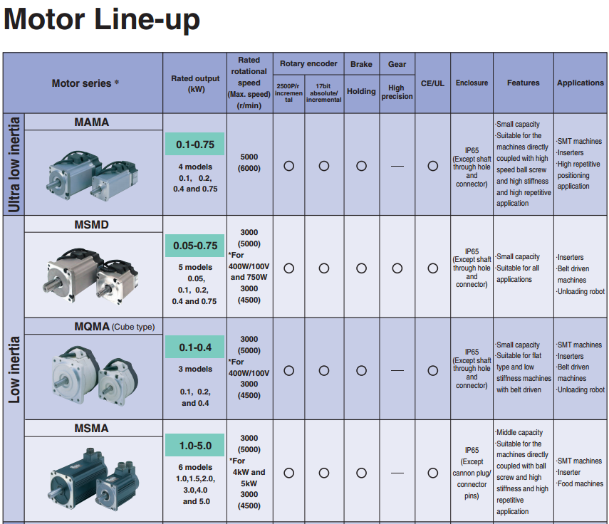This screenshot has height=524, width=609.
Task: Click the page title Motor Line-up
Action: (102, 19)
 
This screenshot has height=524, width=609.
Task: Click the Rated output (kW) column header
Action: (196, 83)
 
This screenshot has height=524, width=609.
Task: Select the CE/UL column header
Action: (432, 83)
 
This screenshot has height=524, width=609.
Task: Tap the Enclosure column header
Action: (472, 83)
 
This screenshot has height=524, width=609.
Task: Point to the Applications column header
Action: (580, 83)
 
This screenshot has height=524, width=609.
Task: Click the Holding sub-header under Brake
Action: (361, 91)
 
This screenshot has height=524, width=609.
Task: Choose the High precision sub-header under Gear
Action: (397, 92)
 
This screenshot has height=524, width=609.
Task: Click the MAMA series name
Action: (92, 122)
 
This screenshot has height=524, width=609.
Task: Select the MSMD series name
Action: (92, 225)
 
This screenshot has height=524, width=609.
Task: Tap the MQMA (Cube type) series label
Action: (115, 327)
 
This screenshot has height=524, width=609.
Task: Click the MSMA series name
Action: (92, 429)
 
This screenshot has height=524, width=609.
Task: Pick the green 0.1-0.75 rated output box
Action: (195, 144)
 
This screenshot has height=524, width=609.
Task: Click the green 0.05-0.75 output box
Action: (195, 246)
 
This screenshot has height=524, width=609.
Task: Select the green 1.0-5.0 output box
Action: (195, 446)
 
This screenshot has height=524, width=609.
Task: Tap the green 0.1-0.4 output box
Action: (195, 347)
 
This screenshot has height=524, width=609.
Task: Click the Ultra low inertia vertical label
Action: (14, 164)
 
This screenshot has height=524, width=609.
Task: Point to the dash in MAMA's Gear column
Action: (397, 166)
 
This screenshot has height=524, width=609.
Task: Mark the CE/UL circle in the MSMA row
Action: (432, 473)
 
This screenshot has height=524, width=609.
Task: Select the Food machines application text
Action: (580, 484)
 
